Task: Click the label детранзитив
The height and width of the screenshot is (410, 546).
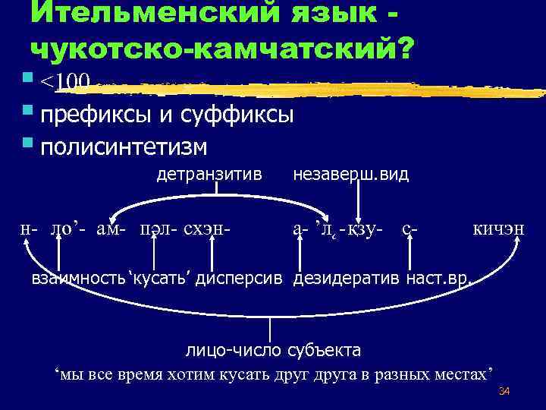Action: (209, 175)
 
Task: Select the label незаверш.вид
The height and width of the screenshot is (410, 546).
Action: (350, 175)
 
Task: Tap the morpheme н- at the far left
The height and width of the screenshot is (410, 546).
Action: (29, 227)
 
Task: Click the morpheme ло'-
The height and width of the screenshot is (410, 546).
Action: (68, 227)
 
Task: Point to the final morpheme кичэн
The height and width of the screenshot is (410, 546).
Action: (498, 227)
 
